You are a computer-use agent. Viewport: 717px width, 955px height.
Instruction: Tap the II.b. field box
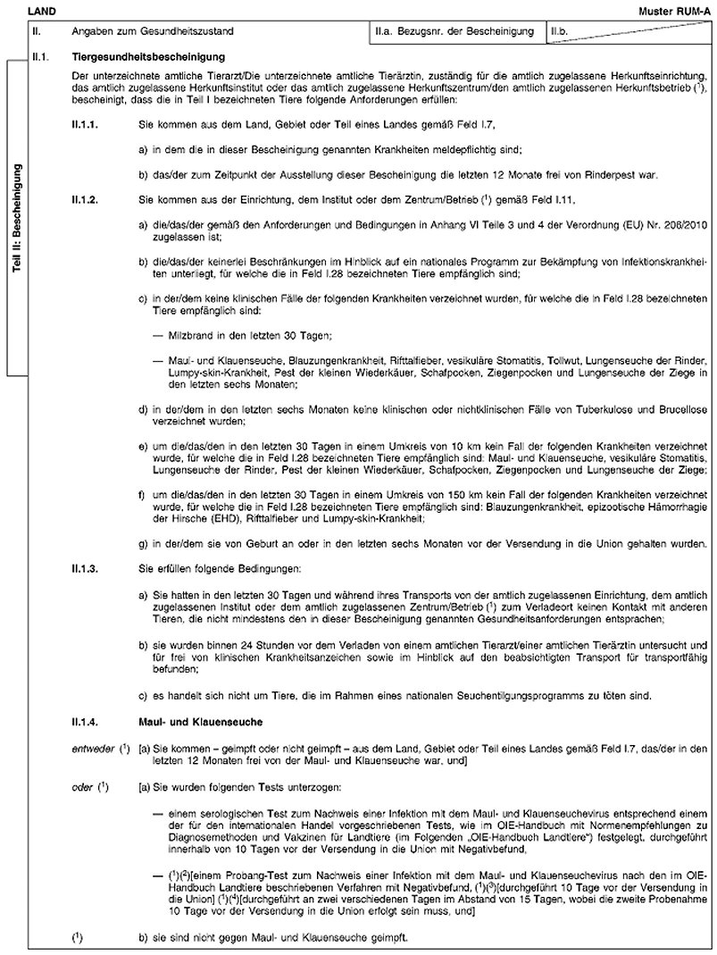pyautogui.click(x=630, y=32)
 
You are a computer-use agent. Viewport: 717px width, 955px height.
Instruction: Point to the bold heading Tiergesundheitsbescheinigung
pyautogui.click(x=139, y=58)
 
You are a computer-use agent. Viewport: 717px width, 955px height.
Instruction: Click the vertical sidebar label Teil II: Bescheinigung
pyautogui.click(x=18, y=218)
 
